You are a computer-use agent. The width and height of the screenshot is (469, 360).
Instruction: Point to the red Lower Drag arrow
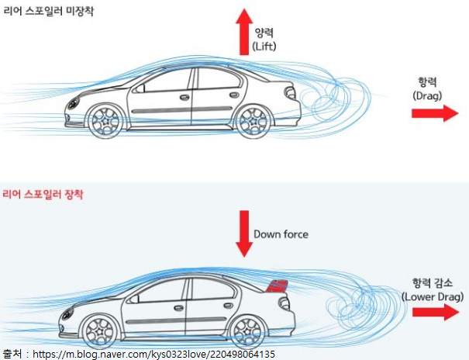tap(436, 312)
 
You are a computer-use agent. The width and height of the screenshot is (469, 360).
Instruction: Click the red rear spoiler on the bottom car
tap(277, 285)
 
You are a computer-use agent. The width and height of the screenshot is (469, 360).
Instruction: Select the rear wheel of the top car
tap(252, 120)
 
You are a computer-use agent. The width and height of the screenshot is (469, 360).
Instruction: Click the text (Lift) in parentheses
tap(264, 47)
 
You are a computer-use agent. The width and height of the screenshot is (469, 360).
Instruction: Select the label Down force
tap(280, 234)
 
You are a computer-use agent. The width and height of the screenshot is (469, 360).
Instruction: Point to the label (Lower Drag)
tap(433, 296)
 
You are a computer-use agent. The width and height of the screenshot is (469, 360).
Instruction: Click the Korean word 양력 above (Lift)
tap(264, 33)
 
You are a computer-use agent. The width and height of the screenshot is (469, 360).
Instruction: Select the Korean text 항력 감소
tap(433, 283)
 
